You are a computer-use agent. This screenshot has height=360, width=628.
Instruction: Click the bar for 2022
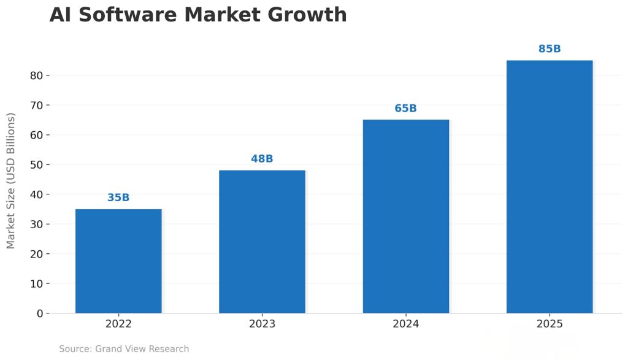(118, 261)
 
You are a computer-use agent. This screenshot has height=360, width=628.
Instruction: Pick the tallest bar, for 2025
(549, 186)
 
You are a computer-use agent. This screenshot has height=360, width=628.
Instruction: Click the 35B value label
(118, 197)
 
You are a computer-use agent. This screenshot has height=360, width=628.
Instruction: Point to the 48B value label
(262, 159)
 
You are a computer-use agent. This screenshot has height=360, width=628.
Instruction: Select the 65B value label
(405, 109)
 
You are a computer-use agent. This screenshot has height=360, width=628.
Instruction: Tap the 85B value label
(549, 49)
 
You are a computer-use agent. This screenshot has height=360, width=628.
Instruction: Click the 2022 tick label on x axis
(118, 324)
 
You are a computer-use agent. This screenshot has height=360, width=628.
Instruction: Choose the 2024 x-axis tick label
(405, 324)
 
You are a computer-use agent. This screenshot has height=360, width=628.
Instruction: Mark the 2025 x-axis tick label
(549, 324)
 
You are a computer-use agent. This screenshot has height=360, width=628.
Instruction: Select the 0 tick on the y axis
(39, 313)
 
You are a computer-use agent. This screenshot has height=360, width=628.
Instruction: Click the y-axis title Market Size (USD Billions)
(11, 180)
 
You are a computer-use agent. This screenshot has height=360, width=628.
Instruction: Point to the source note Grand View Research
(124, 349)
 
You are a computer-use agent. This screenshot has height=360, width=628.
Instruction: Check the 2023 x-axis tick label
(262, 324)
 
